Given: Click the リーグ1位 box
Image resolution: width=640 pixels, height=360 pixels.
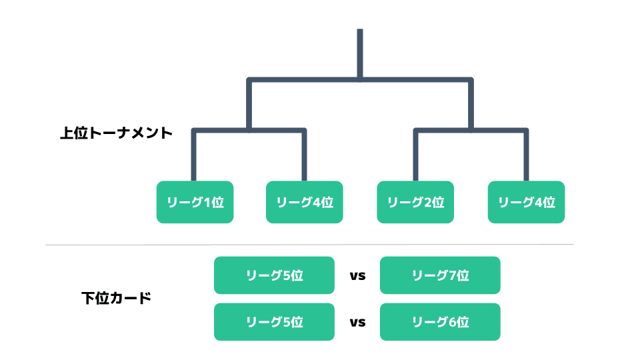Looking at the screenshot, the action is click(195, 202).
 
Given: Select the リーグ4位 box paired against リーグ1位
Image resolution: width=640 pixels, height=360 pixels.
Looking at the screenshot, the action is click(305, 202).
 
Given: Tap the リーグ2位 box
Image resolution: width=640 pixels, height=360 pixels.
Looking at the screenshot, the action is click(415, 202).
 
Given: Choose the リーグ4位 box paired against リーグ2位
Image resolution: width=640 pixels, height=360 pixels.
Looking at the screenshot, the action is click(527, 202).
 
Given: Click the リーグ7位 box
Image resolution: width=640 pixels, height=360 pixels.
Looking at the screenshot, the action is click(440, 275).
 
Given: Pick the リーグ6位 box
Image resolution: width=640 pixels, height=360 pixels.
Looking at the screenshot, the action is click(440, 321).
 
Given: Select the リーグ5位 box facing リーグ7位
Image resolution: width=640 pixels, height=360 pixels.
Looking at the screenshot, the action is click(274, 275).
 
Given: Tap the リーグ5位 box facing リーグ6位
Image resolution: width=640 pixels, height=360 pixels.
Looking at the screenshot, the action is click(274, 321).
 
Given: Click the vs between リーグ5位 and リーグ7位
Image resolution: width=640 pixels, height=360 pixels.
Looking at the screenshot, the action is click(357, 276).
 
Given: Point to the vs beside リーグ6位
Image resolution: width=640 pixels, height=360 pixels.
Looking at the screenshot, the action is click(357, 323).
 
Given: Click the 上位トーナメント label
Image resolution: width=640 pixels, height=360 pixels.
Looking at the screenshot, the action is click(116, 133).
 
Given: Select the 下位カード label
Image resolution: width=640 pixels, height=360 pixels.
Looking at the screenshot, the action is click(116, 298).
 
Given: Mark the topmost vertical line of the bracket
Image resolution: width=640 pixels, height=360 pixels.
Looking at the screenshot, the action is click(360, 54).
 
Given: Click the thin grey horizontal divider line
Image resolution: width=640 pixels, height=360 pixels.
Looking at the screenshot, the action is click(309, 245).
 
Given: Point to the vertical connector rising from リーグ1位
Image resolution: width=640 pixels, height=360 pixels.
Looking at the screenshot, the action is click(194, 155).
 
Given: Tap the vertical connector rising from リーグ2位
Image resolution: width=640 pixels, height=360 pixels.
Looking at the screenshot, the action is click(416, 155).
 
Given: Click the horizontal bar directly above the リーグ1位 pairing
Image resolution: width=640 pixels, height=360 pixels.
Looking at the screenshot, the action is click(249, 131).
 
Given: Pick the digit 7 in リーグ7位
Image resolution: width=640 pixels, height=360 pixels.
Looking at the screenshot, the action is click(452, 275).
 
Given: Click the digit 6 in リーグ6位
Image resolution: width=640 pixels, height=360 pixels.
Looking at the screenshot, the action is click(452, 322).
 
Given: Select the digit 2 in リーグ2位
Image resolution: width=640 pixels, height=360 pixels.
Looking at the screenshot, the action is click(428, 203).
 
